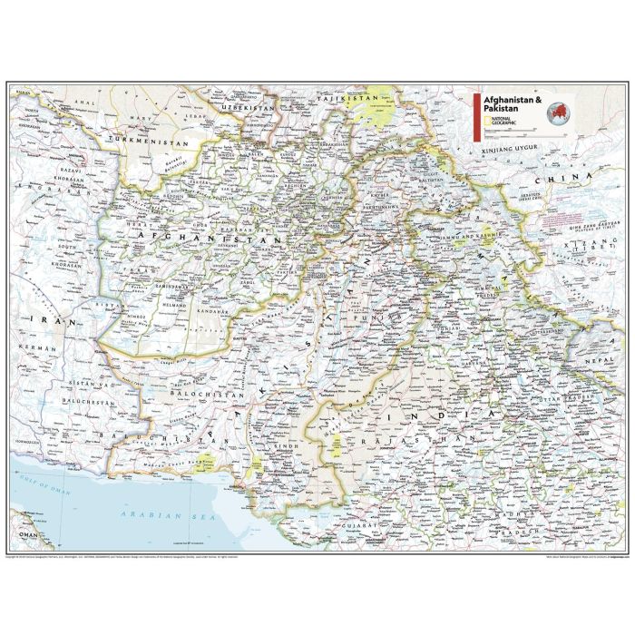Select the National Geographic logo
[502, 122]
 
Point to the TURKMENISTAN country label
[147, 142]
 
